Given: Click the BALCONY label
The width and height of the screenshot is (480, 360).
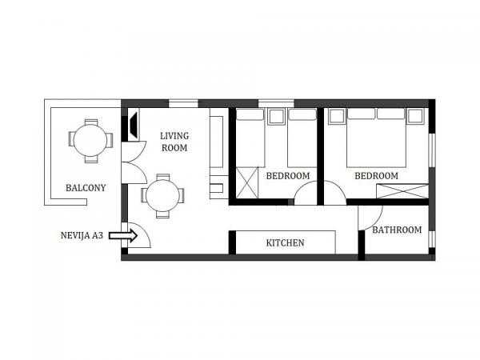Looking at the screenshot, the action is [x=86, y=188].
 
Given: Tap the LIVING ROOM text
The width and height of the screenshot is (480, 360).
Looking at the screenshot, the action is [x=174, y=142].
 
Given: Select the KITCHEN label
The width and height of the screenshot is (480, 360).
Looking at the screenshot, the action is [x=285, y=242].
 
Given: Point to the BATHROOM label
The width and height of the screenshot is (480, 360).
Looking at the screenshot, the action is [x=397, y=230].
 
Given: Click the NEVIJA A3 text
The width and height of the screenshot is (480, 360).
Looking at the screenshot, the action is [x=82, y=235].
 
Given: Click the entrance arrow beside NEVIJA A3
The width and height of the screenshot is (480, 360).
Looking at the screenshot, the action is [x=123, y=236].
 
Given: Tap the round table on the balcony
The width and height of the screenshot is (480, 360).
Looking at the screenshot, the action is [x=90, y=141].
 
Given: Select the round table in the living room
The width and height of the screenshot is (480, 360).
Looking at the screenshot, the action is [x=162, y=196].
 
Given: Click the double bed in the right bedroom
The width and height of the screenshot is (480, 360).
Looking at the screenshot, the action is [x=376, y=138].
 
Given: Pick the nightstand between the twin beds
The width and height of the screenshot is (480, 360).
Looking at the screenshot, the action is [x=276, y=116].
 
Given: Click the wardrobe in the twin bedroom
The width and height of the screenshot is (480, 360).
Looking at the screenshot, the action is [x=247, y=182].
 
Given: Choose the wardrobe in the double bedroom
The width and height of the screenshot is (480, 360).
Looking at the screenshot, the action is [x=402, y=191].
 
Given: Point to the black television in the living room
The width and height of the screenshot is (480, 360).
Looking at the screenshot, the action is [x=133, y=125].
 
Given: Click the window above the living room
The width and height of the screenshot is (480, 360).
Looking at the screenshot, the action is [x=183, y=103].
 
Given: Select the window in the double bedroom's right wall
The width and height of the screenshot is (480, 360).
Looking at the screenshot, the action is [x=432, y=150].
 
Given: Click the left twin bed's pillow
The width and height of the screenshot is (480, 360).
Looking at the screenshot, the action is [x=250, y=114].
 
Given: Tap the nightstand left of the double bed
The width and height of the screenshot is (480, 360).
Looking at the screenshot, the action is [x=336, y=116].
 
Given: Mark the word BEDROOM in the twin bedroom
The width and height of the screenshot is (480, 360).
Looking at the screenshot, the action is [x=288, y=176].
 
